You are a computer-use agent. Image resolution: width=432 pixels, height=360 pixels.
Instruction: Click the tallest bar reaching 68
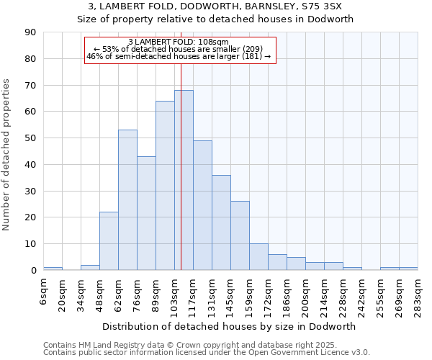pyautogui.click(x=184, y=180)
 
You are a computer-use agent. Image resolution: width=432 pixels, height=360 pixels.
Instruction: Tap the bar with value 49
pyautogui.click(x=202, y=205)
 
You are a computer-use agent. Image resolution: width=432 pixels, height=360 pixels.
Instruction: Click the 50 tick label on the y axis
pyautogui.click(x=31, y=138)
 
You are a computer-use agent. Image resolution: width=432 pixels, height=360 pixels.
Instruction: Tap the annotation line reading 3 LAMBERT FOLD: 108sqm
pyautogui.click(x=179, y=42)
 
